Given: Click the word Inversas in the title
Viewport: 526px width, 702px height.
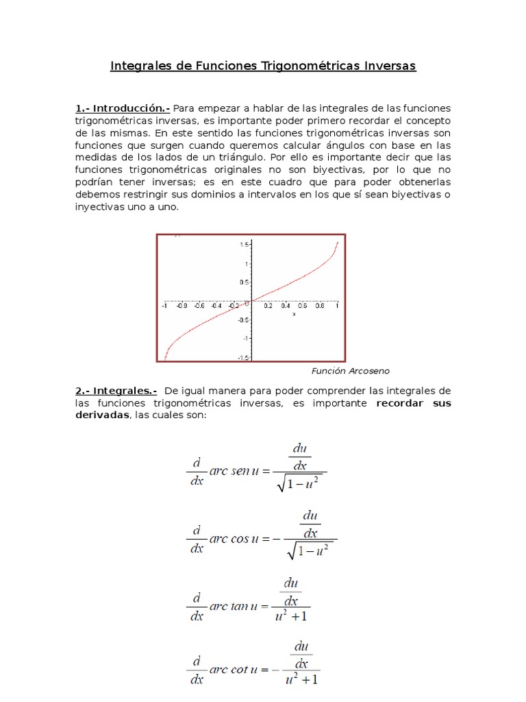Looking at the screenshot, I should (386, 66).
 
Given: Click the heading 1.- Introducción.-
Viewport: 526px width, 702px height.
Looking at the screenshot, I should (123, 108).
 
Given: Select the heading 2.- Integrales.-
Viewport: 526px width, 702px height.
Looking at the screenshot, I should (116, 390).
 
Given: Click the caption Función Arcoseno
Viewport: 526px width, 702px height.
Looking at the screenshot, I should (350, 371).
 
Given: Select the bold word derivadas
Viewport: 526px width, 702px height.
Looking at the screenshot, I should (102, 415).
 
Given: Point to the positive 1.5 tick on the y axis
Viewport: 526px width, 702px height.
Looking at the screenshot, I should (244, 244).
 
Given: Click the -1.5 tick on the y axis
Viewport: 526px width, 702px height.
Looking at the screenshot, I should (242, 357).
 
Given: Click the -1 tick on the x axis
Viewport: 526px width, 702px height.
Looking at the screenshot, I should (164, 306).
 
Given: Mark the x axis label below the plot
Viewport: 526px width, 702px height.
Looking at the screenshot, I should (294, 314).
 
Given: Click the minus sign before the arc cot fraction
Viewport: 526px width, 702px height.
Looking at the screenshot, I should (277, 670).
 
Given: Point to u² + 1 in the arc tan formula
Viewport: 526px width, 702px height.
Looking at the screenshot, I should (290, 616).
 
